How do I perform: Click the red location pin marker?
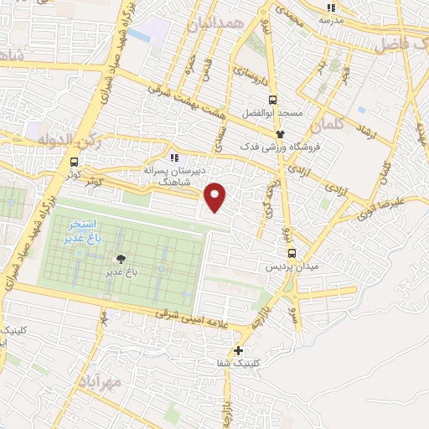pos(215,196)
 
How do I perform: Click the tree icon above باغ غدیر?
pos(121,259)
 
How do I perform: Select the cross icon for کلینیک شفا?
pos(239,351)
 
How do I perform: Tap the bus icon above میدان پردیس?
pos(292,253)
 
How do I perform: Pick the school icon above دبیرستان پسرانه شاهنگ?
pos(174,157)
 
